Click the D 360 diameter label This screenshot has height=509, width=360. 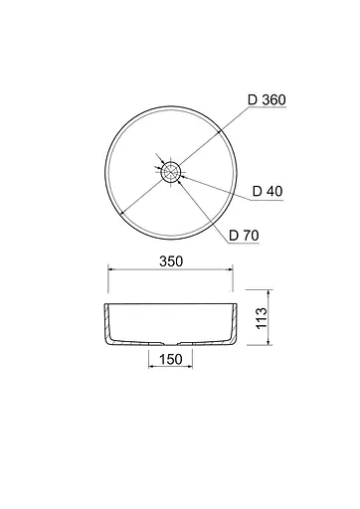tap(267, 99)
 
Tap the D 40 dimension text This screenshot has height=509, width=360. tap(268, 191)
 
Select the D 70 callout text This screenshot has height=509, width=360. tap(244, 236)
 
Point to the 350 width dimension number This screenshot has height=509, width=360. tap(171, 261)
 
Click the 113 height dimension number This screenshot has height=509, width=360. tap(262, 317)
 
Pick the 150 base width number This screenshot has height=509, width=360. tap(171, 359)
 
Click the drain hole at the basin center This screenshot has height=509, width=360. tap(171, 172)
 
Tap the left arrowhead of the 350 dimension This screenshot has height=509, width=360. tap(111, 269)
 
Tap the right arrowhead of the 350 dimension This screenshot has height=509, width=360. tap(230, 269)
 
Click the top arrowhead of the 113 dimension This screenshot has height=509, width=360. tap(269, 292)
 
